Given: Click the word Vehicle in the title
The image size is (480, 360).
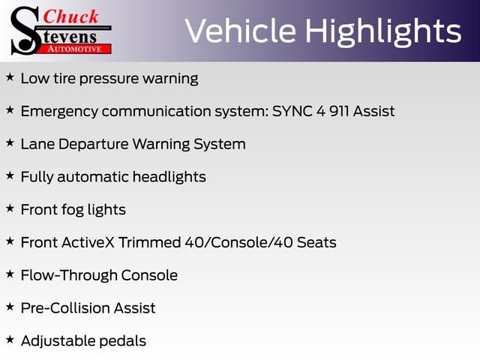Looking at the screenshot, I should click(x=234, y=31).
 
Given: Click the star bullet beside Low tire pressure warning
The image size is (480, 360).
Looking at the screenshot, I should click(x=10, y=77).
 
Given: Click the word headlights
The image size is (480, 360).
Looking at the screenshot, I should click(x=169, y=177).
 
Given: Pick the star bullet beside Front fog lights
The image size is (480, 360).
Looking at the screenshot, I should click(x=10, y=208).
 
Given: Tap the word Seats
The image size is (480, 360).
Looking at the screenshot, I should click(x=316, y=242).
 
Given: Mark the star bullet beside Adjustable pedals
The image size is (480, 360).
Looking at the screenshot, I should click(x=10, y=340).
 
